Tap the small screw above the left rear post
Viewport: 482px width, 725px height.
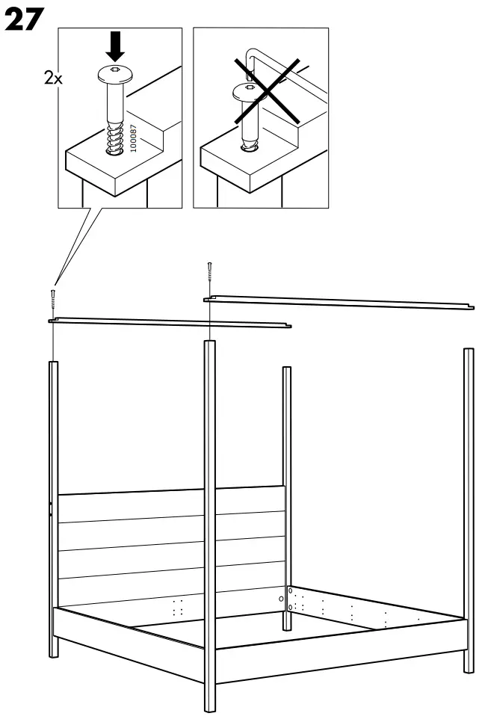pos(53,296)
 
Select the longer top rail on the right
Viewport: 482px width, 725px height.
pos(340,301)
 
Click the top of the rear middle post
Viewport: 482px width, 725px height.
pos(286,371)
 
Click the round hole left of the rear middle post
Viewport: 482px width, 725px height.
pos(281,599)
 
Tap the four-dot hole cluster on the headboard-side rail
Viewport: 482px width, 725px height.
pos(178,608)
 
